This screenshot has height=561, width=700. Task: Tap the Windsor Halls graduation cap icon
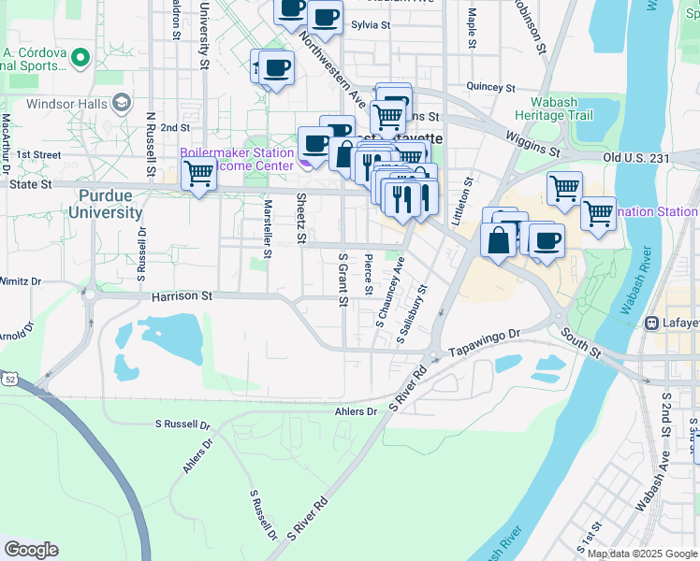tap(122, 102)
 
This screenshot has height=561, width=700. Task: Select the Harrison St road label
tap(182, 296)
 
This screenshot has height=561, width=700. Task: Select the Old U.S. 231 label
tap(637, 158)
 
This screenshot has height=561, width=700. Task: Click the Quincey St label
tap(486, 86)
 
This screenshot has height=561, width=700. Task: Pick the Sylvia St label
tap(370, 25)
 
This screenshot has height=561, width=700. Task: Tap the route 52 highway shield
tap(9, 378)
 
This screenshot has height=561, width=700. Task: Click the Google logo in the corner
tap(31, 550)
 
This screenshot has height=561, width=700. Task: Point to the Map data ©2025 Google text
tap(643, 554)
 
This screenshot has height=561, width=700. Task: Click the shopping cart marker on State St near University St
tap(198, 174)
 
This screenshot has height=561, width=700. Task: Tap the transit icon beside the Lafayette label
tap(651, 323)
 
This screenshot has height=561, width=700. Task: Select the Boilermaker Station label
tap(237, 152)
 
